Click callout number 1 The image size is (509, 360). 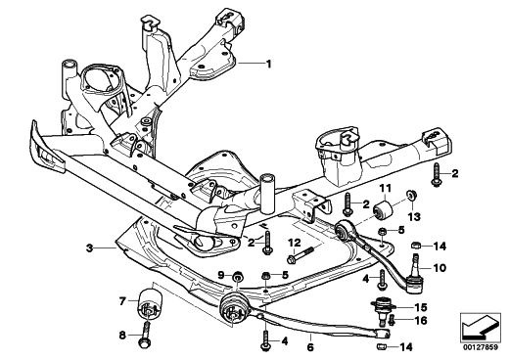point(268,64)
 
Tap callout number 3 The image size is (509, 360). point(89,248)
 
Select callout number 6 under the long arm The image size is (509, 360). point(310,347)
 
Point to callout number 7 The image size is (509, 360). point(122,301)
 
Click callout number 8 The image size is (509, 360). point(122,335)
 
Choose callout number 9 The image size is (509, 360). point(221,276)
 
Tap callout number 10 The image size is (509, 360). point(440,268)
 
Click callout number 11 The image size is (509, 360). point(385,188)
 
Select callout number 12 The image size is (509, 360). point(295,243)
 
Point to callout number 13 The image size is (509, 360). point(414,216)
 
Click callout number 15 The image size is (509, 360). point(420,307)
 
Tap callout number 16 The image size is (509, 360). point(421,321)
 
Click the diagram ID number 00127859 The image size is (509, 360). point(480,347)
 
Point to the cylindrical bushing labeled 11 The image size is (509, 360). point(384,209)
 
